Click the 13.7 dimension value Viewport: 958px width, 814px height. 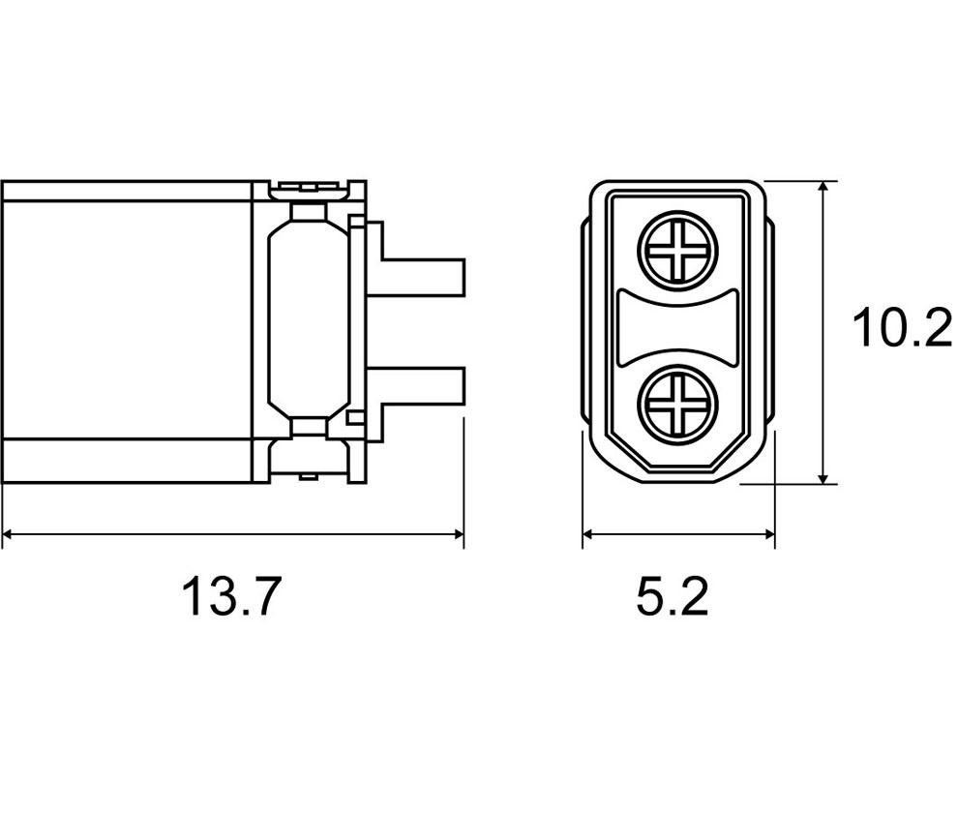tap(231, 595)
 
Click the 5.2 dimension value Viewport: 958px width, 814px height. tap(673, 595)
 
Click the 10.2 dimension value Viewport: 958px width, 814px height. tap(903, 328)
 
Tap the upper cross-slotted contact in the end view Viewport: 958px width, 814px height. tap(677, 251)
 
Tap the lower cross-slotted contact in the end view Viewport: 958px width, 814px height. tap(677, 405)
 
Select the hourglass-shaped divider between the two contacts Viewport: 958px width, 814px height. tap(678, 328)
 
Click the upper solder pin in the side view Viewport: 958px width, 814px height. tap(423, 278)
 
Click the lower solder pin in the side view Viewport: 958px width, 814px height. tap(423, 386)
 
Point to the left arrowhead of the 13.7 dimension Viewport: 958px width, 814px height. tap(8, 534)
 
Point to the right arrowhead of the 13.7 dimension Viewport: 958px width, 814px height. tap(458, 534)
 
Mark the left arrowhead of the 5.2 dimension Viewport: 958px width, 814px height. tap(588, 534)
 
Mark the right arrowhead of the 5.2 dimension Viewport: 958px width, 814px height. tap(768, 534)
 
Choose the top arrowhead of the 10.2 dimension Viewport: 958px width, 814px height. tap(823, 188)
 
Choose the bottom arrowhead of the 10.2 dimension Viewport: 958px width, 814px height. tap(823, 477)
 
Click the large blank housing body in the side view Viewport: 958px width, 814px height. tap(127, 319)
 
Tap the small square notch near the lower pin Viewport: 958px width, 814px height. tap(355, 418)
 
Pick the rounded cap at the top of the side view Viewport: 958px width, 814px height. tap(311, 190)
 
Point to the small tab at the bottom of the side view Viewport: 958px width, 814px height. tap(311, 476)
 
